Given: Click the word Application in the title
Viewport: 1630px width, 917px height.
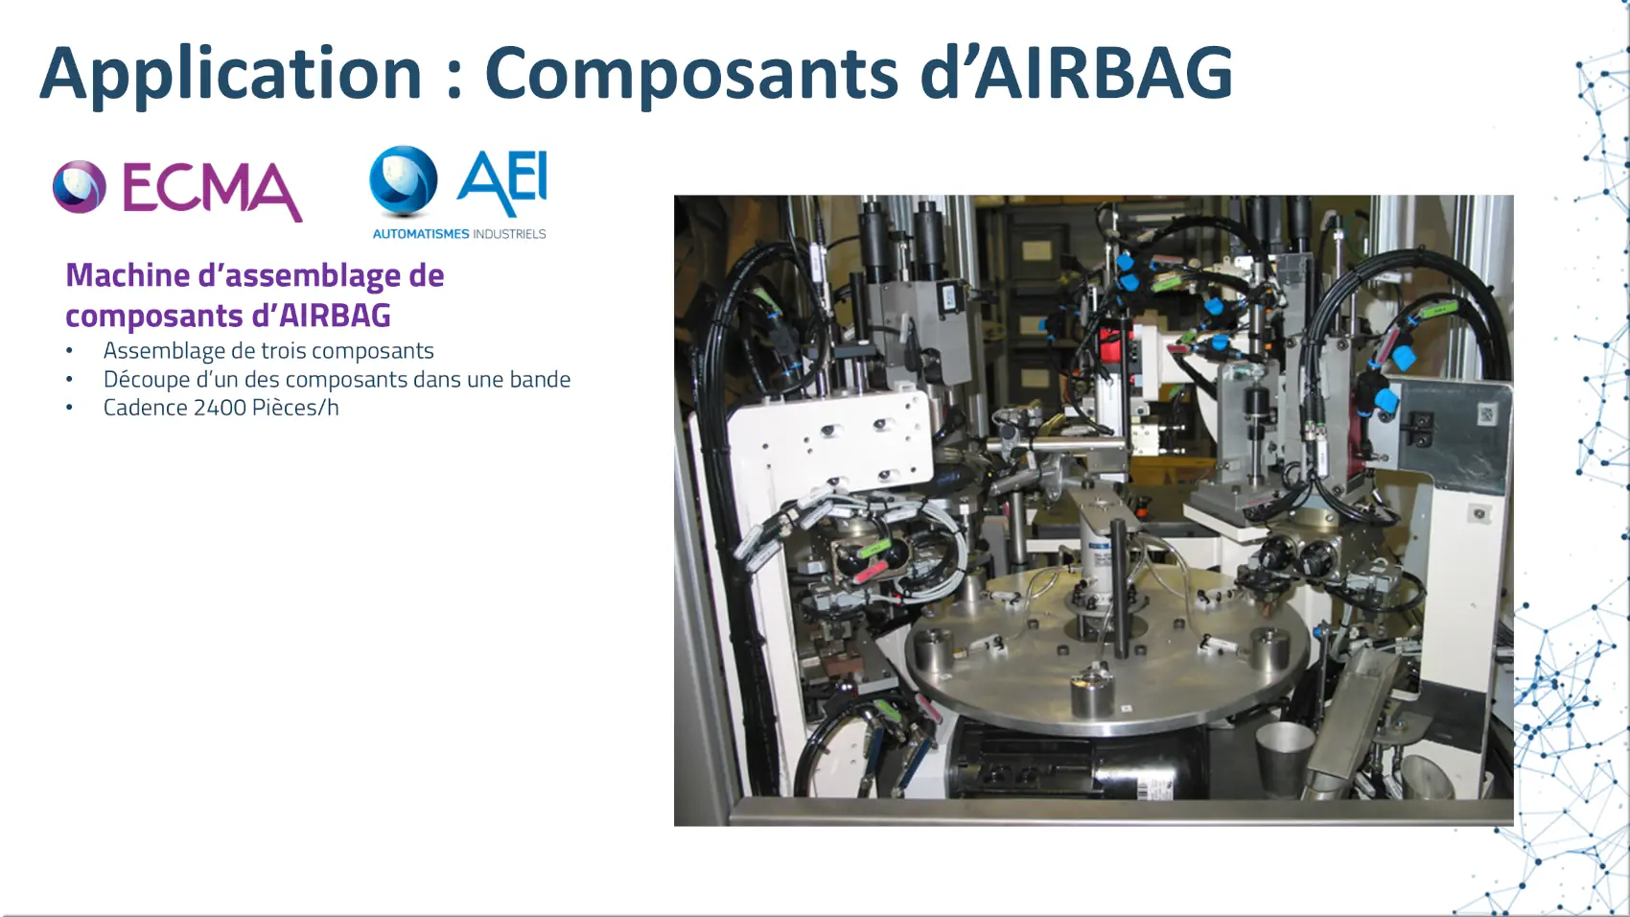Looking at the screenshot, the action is [231, 74].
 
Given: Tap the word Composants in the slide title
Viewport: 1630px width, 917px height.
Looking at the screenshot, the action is [691, 74].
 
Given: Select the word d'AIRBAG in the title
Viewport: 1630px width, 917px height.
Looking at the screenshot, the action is [1076, 72].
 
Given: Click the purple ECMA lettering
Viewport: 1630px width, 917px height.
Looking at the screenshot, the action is [212, 190].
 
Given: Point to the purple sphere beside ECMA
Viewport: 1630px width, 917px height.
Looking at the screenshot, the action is [80, 186].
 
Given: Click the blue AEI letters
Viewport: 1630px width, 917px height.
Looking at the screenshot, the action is [502, 182].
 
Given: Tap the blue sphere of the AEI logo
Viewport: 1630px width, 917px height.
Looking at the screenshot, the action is [403, 180].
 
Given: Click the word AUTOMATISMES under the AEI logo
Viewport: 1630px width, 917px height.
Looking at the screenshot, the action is [421, 234].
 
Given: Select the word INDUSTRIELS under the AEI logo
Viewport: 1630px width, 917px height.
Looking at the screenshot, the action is [509, 234].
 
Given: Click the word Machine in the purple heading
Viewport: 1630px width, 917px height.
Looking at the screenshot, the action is [128, 275].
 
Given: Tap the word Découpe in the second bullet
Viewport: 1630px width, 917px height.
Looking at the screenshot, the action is [146, 380].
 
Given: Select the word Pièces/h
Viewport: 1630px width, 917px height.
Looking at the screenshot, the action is [295, 408].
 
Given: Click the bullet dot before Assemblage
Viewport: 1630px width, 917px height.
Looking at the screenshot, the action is [69, 351].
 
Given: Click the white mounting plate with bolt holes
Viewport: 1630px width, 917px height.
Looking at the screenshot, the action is [829, 440].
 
